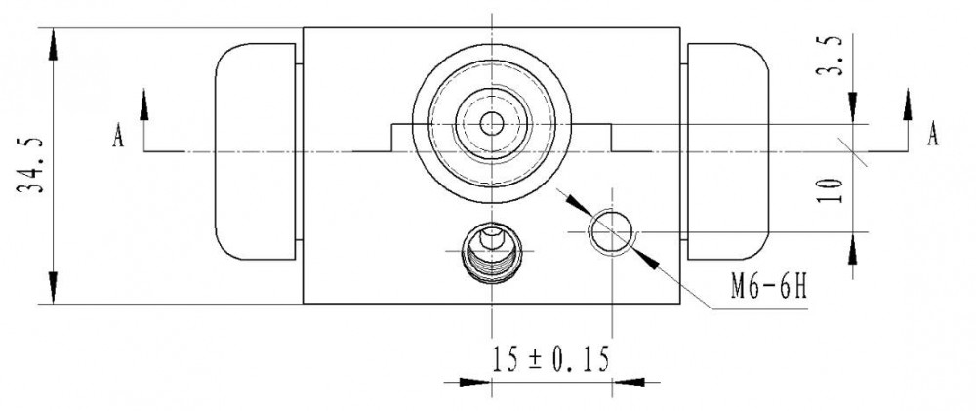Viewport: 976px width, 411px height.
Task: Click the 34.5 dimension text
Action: (32, 165)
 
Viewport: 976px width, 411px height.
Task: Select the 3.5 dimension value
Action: (830, 56)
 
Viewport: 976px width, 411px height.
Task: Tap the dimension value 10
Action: (831, 190)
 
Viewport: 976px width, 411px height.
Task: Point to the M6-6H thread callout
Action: (769, 288)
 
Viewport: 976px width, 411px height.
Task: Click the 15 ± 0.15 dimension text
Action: (550, 359)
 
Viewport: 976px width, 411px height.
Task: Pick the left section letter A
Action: (118, 136)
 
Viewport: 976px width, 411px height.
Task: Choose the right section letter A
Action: (932, 134)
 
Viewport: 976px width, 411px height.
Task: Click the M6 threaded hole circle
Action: (611, 232)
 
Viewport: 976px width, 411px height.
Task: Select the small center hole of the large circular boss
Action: (492, 123)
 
